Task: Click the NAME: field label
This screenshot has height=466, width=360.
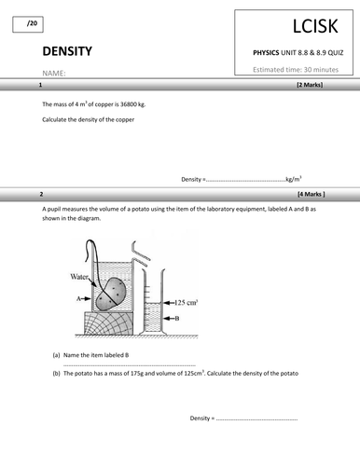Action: pyautogui.click(x=54, y=73)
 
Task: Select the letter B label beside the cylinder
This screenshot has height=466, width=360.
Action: pyautogui.click(x=176, y=319)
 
